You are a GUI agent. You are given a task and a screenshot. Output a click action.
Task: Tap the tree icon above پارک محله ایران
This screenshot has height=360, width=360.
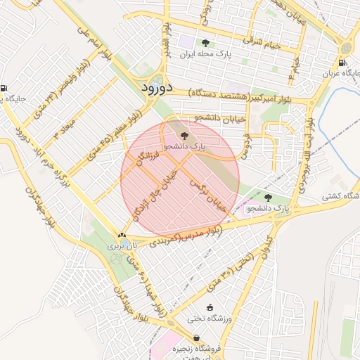coord(205,43)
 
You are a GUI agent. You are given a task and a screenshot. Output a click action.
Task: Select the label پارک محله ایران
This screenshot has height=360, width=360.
coord(205,54)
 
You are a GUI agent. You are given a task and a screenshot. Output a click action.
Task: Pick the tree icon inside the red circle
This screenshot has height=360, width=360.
coord(184,136)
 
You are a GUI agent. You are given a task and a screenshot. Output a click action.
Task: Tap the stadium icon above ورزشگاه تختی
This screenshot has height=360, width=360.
coord(209,308)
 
